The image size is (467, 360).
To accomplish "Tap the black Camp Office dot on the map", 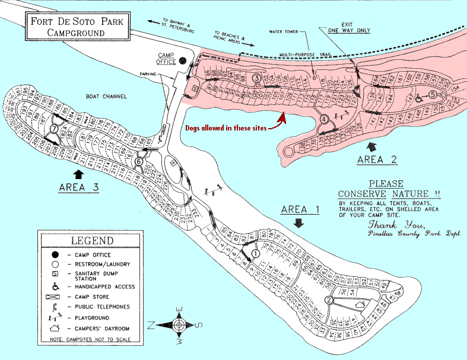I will tap(183, 60).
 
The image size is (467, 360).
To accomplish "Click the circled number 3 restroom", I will tap(256, 78).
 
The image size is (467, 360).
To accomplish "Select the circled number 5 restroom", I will tap(433, 94).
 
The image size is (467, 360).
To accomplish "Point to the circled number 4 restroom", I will tap(324, 119).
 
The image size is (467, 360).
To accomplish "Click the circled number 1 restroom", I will tap(256, 253).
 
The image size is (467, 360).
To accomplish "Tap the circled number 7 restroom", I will tap(54, 129).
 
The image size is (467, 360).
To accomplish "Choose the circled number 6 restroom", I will tap(139, 161).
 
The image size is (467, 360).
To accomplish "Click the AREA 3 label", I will tap(78, 187).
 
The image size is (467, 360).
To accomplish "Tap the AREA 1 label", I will tap(300, 209).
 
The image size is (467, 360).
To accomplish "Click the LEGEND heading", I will tap(92, 241).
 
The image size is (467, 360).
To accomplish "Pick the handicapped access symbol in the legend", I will tap(54, 286).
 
